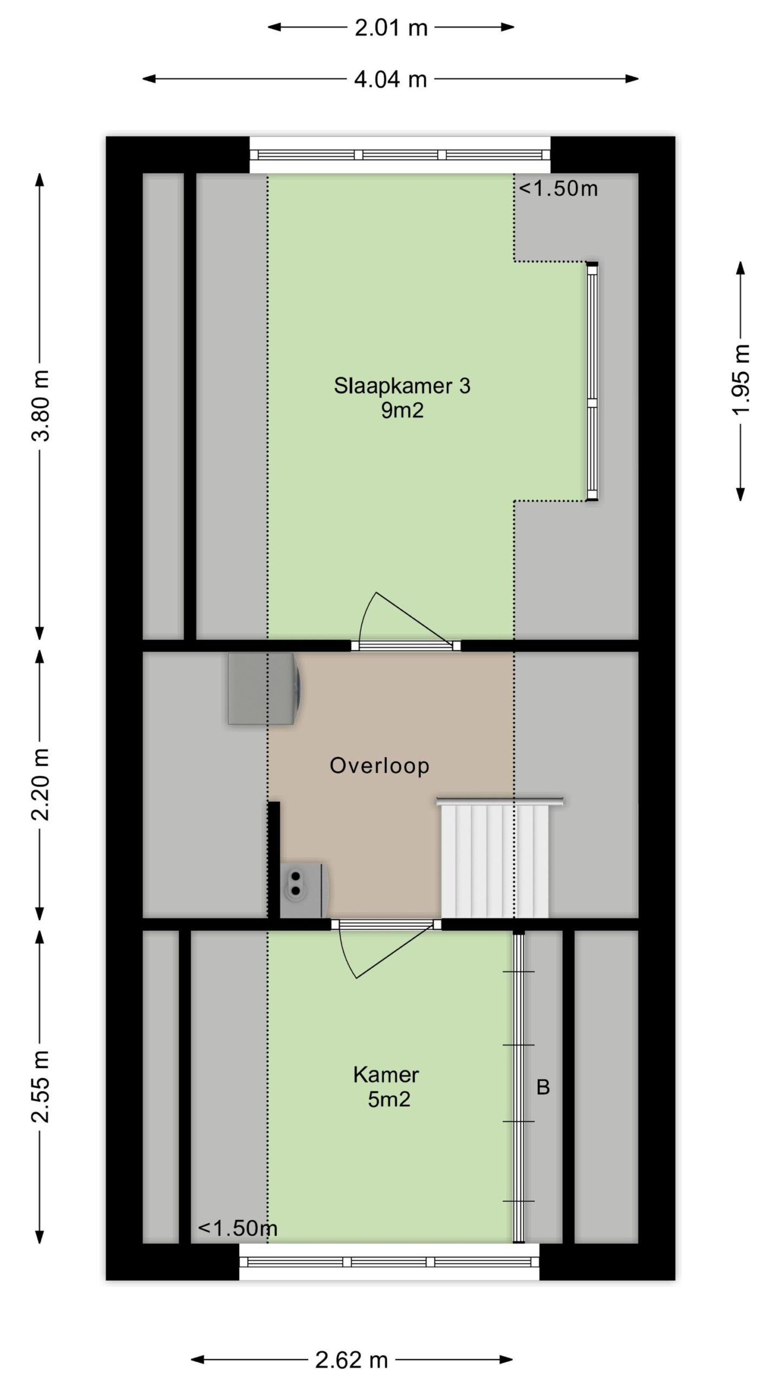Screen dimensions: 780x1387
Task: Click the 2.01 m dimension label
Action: [391, 28]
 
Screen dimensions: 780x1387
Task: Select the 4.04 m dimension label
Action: [391, 80]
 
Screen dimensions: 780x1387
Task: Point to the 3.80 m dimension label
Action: [42, 406]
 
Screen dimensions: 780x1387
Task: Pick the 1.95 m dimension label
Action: [740, 379]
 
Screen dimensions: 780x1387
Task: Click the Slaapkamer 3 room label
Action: [402, 386]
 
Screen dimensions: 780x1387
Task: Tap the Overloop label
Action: [379, 766]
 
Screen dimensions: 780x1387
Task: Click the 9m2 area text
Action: [402, 411]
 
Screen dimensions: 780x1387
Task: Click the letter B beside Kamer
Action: [543, 1087]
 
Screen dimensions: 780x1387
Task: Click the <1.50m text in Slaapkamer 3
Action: [558, 189]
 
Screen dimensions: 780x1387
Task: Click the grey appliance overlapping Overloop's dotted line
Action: [264, 689]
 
